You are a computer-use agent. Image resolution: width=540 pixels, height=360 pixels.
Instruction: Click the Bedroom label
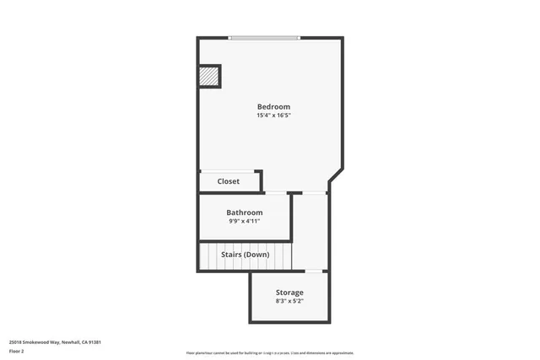(273, 107)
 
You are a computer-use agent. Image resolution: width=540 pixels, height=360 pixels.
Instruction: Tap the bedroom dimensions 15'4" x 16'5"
(273, 116)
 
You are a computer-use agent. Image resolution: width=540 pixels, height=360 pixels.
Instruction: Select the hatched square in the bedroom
(208, 77)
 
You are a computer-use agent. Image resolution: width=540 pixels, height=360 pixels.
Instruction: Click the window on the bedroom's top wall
(264, 37)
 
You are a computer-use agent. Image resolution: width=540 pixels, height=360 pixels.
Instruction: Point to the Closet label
(228, 181)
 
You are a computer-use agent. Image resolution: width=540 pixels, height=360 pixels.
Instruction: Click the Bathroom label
(244, 212)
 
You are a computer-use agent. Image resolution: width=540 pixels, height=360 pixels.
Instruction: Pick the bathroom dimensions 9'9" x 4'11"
(244, 221)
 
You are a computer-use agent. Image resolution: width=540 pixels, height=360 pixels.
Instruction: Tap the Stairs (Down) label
(245, 254)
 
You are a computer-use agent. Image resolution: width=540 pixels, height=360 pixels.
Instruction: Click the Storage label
(289, 293)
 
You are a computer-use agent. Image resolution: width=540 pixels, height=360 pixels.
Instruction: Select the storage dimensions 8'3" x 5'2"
(289, 301)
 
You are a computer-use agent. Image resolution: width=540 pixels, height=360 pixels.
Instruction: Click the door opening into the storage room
(315, 271)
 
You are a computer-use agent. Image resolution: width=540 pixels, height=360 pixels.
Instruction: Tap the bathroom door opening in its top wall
(276, 194)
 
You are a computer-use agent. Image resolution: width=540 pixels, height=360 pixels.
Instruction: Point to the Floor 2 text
(18, 352)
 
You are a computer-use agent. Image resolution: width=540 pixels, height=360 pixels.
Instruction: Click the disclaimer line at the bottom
(269, 352)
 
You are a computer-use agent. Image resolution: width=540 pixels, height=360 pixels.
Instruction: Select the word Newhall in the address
(94, 342)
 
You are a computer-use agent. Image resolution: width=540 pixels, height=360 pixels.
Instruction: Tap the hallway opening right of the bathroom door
(315, 194)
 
